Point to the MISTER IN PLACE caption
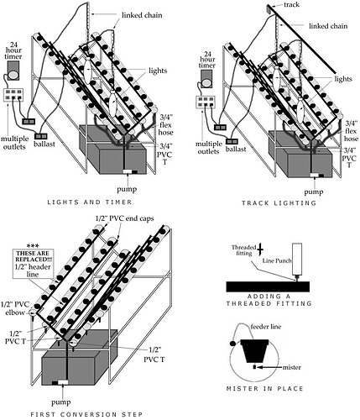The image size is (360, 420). click(271, 389)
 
